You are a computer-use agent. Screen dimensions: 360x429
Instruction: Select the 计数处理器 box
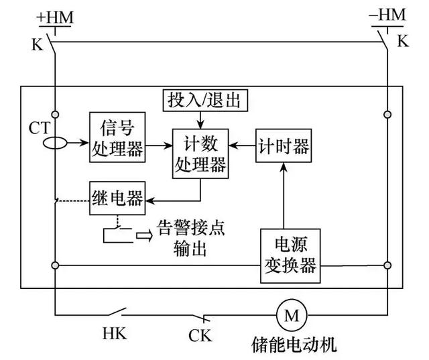pyautogui.click(x=200, y=154)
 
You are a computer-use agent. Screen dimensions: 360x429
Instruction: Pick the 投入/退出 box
pyautogui.click(x=205, y=101)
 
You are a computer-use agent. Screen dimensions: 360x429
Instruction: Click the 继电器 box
pyautogui.click(x=117, y=198)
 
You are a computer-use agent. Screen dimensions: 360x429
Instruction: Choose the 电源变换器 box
pyautogui.click(x=288, y=257)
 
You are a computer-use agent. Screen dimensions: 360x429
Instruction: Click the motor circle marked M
pyautogui.click(x=291, y=314)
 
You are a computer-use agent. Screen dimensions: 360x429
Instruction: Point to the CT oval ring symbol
pyautogui.click(x=55, y=143)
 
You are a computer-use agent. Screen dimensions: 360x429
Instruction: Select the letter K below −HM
pyautogui.click(x=402, y=42)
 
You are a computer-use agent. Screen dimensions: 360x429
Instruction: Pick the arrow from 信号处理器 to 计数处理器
pyautogui.click(x=159, y=143)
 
